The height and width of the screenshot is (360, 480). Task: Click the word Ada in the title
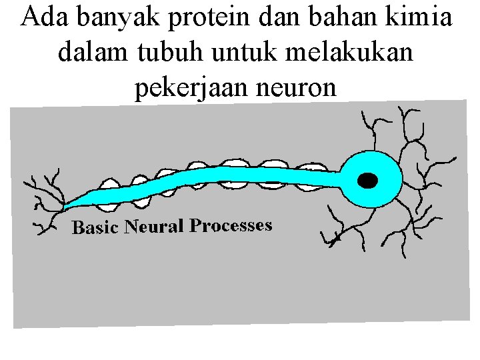tap(44, 17)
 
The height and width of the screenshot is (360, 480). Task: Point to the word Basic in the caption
tap(95, 227)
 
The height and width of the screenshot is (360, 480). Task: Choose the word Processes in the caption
tap(231, 225)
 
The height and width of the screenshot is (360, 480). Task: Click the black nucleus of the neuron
tap(367, 180)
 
